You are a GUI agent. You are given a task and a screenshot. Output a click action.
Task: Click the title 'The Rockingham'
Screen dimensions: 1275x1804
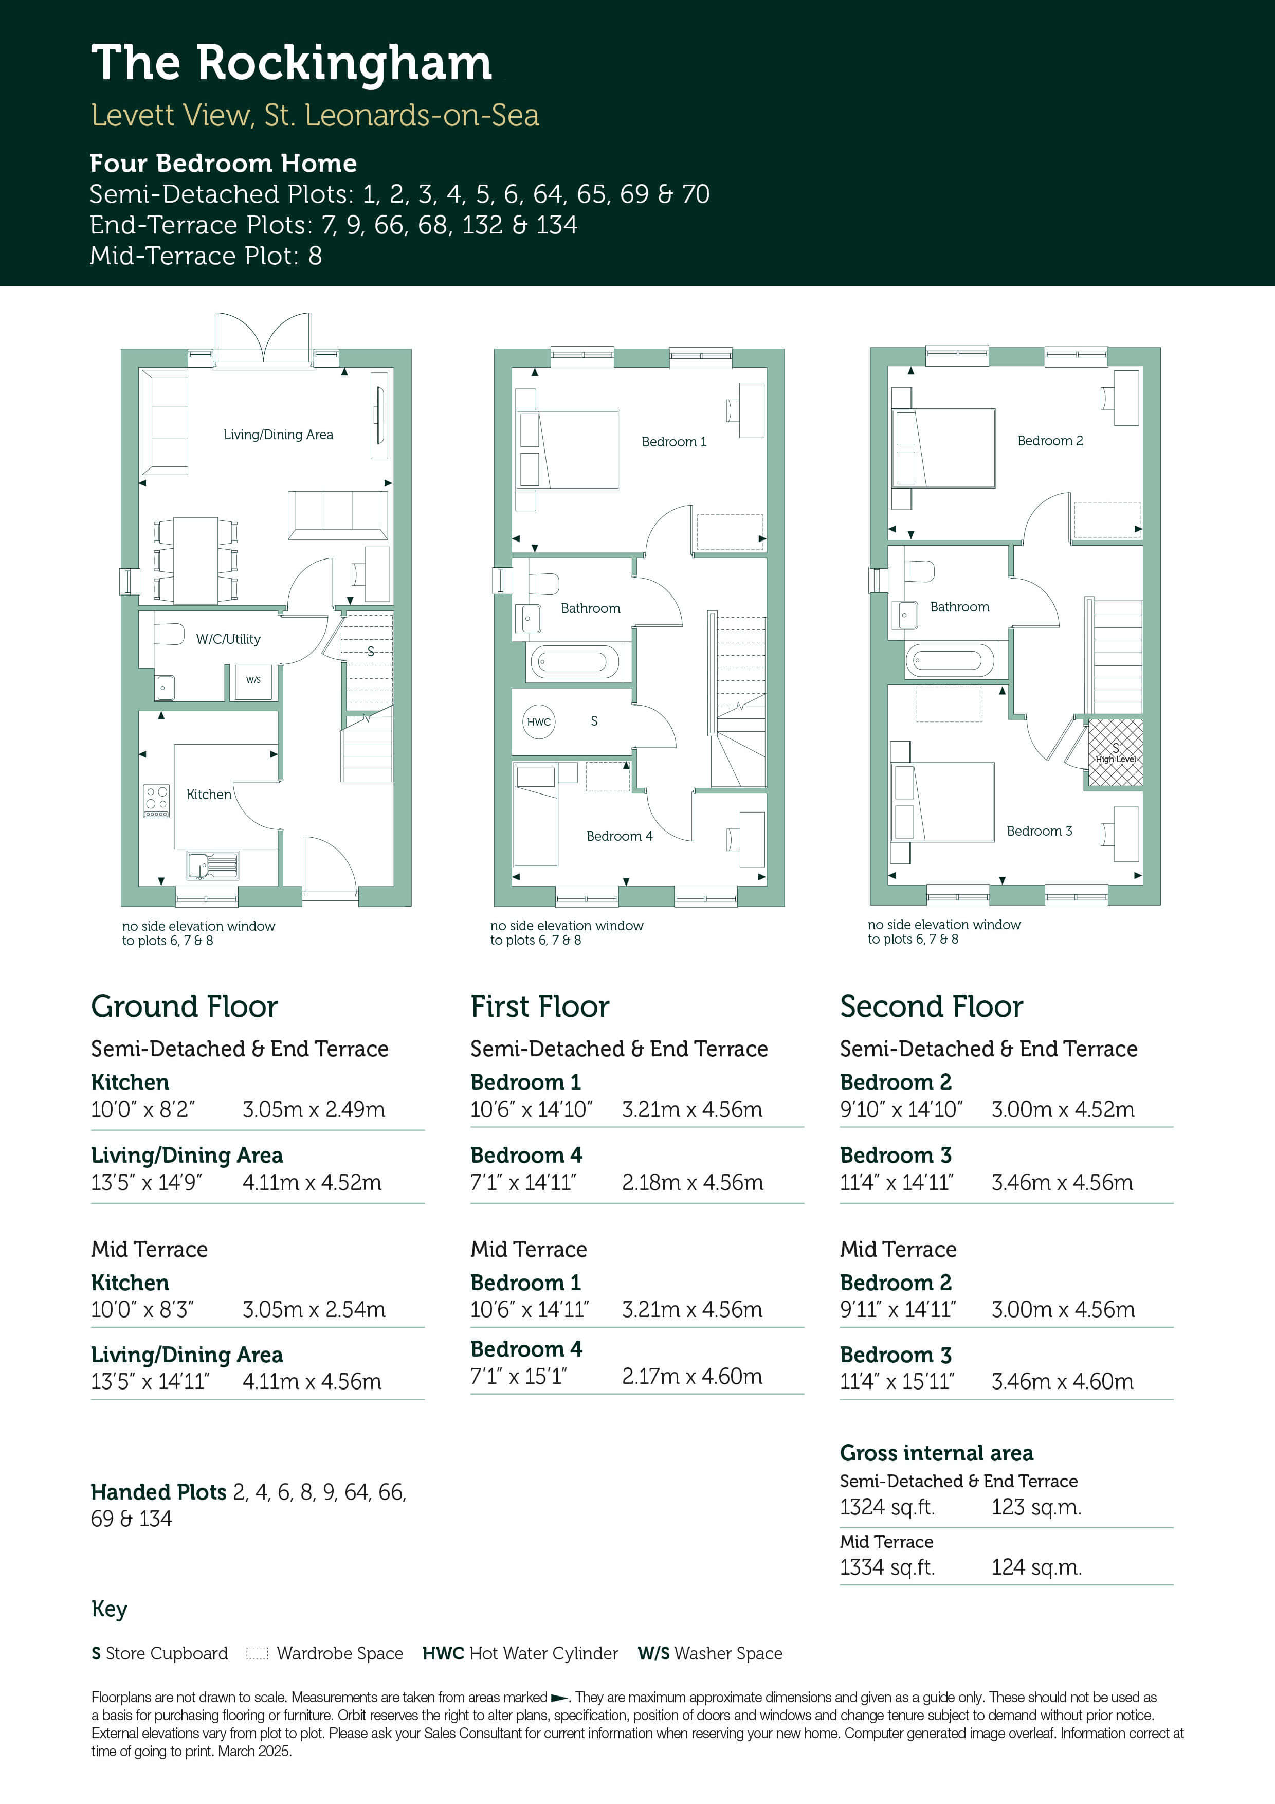(292, 64)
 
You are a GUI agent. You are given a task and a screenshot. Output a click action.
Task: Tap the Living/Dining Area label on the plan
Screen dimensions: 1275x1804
(278, 435)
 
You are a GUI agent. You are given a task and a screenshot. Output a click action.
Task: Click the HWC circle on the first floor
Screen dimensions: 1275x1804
(539, 722)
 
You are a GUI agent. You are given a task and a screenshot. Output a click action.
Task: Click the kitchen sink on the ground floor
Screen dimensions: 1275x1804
(212, 865)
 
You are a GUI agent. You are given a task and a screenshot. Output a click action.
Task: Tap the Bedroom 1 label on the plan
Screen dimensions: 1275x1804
(674, 442)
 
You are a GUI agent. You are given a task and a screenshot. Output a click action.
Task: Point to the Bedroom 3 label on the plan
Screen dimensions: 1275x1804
(1040, 831)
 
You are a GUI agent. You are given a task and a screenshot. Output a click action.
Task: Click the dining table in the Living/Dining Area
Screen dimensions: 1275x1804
(195, 560)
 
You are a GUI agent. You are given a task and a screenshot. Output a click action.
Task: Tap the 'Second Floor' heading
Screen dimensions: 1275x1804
(931, 1006)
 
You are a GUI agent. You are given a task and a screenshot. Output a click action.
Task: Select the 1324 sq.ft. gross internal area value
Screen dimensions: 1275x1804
(887, 1507)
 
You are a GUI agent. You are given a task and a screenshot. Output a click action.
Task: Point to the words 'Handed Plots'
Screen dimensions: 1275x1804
(159, 1492)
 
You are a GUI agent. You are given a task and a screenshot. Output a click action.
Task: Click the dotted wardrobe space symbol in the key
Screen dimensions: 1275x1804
(257, 1653)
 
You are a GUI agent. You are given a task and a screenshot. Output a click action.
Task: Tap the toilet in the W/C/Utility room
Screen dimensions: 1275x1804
(169, 633)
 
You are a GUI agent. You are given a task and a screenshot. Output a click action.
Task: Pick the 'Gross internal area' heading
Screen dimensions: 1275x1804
(936, 1453)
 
